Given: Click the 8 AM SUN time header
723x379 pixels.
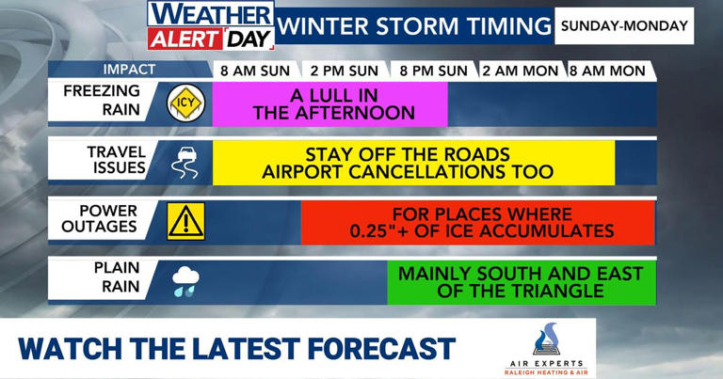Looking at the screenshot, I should pos(255,71).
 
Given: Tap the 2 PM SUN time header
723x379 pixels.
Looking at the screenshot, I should pos(345,71).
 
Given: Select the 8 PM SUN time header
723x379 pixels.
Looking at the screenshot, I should pos(433,71).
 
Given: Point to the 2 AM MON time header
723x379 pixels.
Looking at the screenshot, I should pos(521,71).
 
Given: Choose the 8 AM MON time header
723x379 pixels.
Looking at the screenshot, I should pos(607,71).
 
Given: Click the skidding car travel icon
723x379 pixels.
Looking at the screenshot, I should pos(184,163).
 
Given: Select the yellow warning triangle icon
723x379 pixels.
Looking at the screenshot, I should pos(185,222).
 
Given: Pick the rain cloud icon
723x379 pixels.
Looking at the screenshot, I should pos(185,281).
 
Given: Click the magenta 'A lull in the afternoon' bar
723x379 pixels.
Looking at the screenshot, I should pos(329,103).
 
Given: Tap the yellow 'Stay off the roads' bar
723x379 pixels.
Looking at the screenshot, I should pos(413,163).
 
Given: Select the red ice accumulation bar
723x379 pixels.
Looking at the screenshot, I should pos(477,222).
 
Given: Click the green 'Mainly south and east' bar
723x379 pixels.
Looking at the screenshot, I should pos(521,282).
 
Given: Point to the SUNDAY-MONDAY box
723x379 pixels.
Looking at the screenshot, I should pos(624,26).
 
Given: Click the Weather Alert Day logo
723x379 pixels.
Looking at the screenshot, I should pos(210,25).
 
